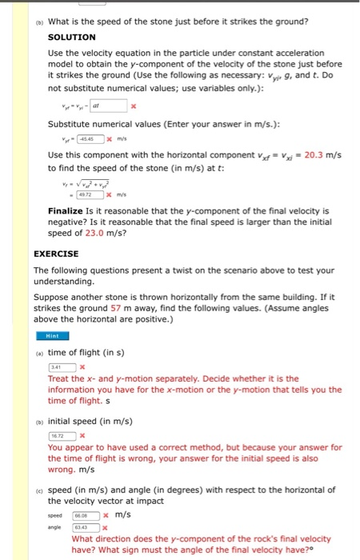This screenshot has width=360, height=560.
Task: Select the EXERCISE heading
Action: pos(57,254)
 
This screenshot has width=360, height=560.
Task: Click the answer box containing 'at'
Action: pos(108,105)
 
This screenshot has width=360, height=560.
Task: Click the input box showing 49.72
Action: pos(86,195)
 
